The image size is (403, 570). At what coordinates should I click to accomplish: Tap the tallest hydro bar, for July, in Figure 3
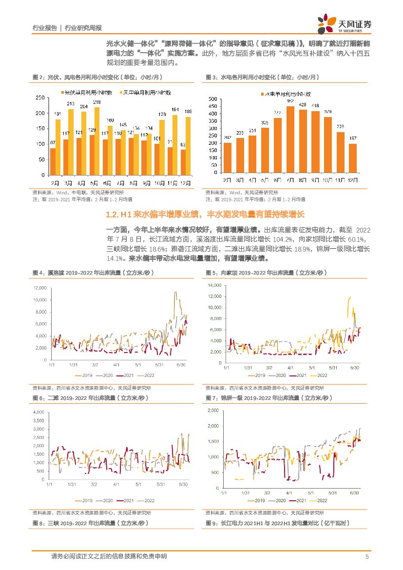pyautogui.click(x=290, y=139)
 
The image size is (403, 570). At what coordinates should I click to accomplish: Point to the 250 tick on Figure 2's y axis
pyautogui.click(x=41, y=98)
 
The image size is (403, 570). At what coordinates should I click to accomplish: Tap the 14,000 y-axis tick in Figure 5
pyautogui.click(x=214, y=285)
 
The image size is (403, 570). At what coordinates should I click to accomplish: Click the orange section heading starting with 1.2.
pyautogui.click(x=205, y=215)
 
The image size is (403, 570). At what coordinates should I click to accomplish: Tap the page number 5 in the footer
pyautogui.click(x=366, y=556)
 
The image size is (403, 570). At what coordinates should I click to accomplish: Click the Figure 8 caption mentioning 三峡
pyautogui.click(x=90, y=523)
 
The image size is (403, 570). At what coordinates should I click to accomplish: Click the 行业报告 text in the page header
pyautogui.click(x=44, y=28)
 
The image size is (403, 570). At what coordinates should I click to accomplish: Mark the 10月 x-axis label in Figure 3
pyautogui.click(x=327, y=180)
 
